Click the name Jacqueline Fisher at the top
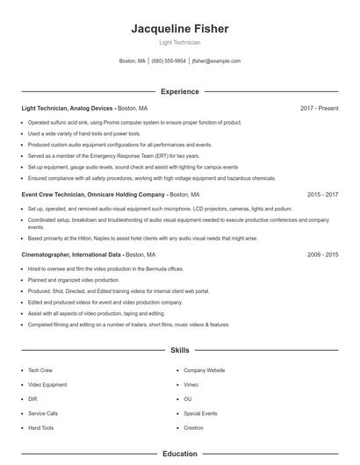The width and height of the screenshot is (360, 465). (179, 29)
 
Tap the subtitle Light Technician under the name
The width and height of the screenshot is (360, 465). (179, 42)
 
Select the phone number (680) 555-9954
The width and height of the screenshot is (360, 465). (169, 61)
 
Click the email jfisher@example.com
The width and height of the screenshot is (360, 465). (216, 61)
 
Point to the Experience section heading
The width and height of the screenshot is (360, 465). (179, 91)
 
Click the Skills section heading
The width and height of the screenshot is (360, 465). (179, 350)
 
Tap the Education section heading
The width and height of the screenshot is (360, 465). (179, 454)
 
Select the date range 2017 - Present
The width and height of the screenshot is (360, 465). (319, 108)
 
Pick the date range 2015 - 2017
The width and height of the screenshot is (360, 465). (322, 194)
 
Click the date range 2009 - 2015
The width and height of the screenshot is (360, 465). (322, 254)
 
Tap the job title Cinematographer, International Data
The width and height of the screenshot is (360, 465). (71, 254)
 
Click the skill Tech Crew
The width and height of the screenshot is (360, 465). (41, 370)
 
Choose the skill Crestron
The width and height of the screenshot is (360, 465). (195, 427)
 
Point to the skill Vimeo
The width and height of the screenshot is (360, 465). (191, 384)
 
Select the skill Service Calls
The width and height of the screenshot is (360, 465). (43, 413)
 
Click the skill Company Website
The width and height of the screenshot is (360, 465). (204, 370)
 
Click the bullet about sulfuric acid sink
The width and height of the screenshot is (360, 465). (133, 123)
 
